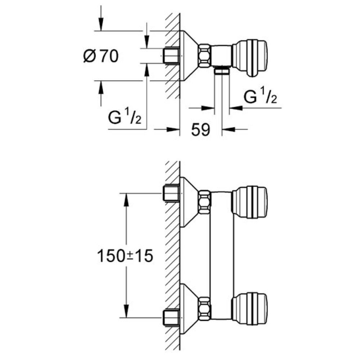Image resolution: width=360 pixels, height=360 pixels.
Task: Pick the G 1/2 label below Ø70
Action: click(125, 118)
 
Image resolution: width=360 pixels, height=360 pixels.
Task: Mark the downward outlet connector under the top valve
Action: click(222, 71)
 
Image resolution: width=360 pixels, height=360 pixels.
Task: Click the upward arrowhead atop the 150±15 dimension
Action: click(126, 199)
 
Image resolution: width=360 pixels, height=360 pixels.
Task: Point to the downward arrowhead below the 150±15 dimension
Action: click(126, 311)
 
